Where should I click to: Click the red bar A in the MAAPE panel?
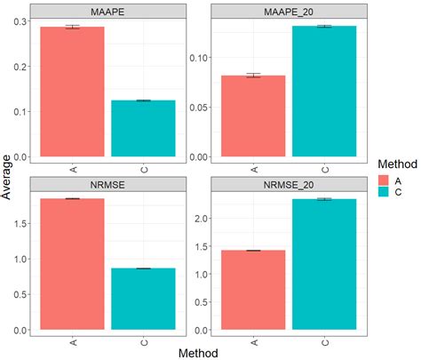point(72,92)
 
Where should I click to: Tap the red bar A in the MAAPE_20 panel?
point(253,116)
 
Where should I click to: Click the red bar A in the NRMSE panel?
point(72,264)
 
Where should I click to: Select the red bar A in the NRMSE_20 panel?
point(253,291)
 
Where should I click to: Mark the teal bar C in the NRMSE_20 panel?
point(324,265)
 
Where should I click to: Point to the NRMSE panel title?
point(107,184)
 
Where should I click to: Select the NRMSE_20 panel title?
point(289,184)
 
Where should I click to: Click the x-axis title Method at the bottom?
point(198,352)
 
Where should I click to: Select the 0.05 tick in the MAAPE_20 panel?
point(199,108)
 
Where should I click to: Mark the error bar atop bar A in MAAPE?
point(72,27)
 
